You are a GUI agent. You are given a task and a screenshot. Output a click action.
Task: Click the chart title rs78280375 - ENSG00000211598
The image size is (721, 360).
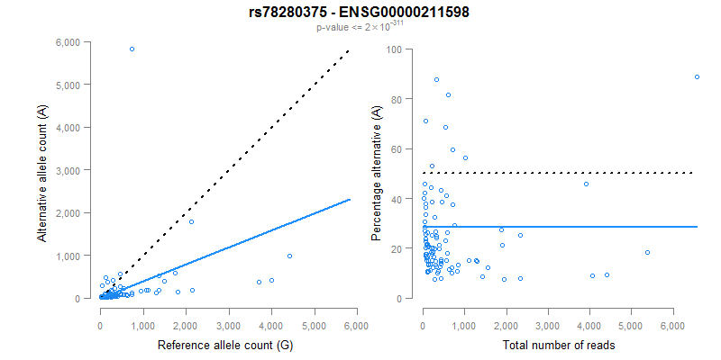pyautogui.click(x=360, y=13)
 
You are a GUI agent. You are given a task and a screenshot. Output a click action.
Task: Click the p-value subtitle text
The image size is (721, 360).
pyautogui.click(x=360, y=28)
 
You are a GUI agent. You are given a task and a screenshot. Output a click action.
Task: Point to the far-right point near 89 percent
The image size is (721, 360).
pyautogui.click(x=697, y=76)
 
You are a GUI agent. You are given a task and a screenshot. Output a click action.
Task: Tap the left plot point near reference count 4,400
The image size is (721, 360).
pyautogui.click(x=289, y=256)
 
